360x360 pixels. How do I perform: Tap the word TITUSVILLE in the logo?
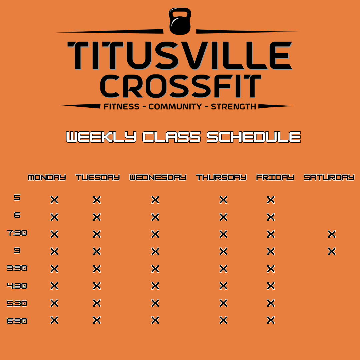180,55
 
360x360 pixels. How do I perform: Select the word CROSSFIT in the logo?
181,86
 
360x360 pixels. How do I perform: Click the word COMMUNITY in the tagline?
175,107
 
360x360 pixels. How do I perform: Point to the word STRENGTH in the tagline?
233,107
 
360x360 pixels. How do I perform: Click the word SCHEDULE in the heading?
254,137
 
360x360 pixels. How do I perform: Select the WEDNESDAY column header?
158,177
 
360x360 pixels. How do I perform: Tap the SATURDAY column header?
329,177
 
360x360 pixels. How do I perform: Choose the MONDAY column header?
47,177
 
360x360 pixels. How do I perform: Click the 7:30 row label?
17,233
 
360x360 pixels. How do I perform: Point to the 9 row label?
17,250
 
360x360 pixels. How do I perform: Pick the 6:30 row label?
17,321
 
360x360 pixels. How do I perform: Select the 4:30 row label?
17,286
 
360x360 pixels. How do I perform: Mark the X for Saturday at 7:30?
332,234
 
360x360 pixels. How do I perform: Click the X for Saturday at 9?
332,252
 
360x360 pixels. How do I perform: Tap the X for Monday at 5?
54,200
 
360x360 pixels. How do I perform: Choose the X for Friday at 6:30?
271,320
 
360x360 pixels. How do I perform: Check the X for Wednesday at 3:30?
155,269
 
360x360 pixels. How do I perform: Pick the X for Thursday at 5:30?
223,303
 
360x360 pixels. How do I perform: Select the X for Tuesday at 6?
97,217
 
